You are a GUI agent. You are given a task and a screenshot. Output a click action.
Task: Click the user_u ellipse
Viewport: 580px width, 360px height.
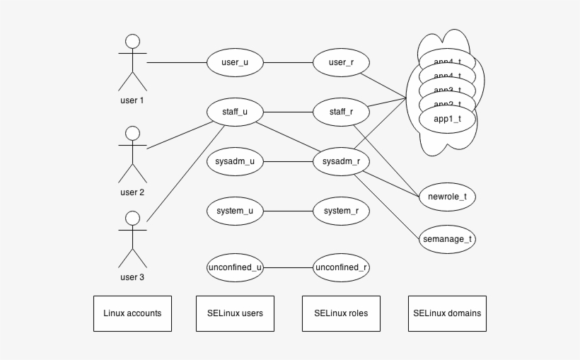(x=235, y=62)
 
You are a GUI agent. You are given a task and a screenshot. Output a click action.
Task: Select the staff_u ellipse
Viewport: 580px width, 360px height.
(x=235, y=112)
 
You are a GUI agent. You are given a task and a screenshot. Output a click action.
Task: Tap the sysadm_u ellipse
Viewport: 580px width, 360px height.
(x=235, y=161)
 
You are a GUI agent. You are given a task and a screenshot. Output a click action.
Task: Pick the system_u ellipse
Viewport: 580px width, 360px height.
(x=235, y=211)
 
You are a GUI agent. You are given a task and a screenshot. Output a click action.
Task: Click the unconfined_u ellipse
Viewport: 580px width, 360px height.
(x=235, y=267)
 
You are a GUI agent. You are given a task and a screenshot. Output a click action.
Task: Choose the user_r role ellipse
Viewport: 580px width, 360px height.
(x=341, y=62)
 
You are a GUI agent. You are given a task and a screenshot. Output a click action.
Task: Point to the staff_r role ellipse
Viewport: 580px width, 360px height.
(x=341, y=112)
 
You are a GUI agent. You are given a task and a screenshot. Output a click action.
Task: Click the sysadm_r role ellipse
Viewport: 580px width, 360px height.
(x=341, y=161)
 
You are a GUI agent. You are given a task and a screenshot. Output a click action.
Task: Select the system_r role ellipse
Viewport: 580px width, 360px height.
(x=341, y=211)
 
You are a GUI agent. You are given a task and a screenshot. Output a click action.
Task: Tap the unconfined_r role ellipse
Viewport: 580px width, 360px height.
(x=341, y=267)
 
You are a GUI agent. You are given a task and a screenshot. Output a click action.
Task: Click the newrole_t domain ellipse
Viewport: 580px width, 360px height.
(x=447, y=197)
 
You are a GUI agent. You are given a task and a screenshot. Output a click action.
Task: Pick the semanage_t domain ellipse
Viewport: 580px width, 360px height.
(x=447, y=239)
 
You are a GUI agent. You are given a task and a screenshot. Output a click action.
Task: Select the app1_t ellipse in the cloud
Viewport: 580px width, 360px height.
(x=447, y=120)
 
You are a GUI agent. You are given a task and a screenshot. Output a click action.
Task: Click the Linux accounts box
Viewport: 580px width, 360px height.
(x=132, y=313)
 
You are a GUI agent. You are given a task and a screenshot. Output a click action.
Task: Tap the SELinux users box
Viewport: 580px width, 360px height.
(x=235, y=313)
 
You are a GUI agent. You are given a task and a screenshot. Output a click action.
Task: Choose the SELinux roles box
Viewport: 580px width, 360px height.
(x=341, y=313)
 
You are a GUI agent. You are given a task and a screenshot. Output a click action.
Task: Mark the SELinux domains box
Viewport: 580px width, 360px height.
(x=447, y=313)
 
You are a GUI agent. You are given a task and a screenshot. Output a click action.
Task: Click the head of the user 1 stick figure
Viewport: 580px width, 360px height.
(x=132, y=41)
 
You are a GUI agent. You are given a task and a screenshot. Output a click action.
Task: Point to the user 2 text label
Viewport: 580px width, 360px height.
(x=132, y=192)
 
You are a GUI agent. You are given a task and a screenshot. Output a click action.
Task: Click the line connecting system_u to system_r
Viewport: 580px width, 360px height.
(x=288, y=211)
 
